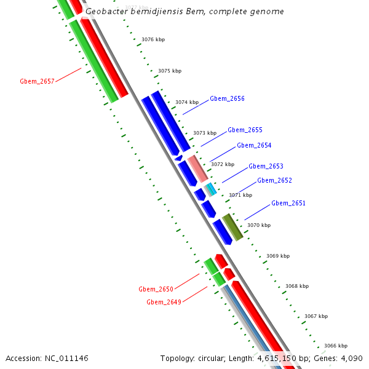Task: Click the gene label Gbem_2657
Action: click(37, 81)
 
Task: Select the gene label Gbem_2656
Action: click(227, 98)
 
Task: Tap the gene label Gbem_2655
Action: click(245, 130)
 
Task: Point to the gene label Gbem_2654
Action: click(254, 145)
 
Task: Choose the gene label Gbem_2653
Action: click(266, 166)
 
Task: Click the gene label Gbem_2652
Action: click(274, 180)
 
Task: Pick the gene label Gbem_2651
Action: click(288, 203)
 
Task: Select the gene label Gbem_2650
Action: click(156, 288)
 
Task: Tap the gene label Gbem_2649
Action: click(164, 302)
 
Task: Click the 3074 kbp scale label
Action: click(187, 102)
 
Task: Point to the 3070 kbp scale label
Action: click(259, 225)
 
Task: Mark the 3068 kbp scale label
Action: click(297, 286)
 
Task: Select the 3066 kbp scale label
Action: click(336, 346)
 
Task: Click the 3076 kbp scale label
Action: click(153, 39)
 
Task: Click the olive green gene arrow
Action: click(232, 227)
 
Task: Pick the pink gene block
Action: click(197, 169)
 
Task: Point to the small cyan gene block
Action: click(211, 189)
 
